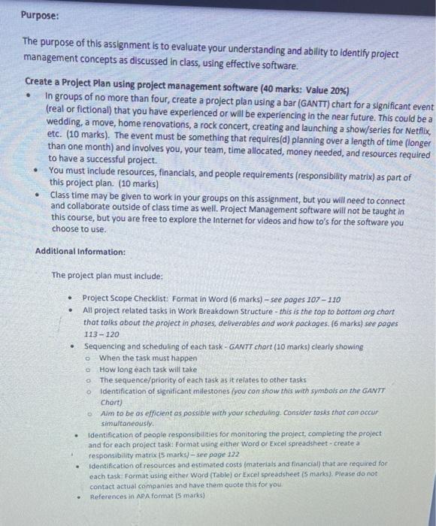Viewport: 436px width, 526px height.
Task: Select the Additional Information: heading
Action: point(80,252)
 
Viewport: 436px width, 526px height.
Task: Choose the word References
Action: point(109,497)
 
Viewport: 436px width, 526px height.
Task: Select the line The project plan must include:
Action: point(101,275)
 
